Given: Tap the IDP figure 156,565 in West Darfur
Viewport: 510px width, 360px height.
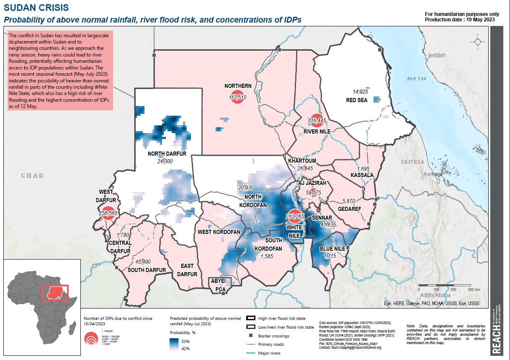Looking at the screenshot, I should pos(108,213).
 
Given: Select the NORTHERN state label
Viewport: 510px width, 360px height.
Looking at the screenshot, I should pos(238,86).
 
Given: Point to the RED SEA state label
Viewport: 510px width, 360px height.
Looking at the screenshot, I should pos(356,100).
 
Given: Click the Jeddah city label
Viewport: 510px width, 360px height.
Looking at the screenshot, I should pos(438,55).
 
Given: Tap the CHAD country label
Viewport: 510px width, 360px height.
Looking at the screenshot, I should pos(32,175).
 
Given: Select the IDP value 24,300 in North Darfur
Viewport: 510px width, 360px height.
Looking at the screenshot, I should pos(165,161).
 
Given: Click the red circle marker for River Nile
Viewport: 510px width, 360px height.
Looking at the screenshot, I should pos(317,121).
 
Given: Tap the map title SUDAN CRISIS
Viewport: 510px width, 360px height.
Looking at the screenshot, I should pos(33,8).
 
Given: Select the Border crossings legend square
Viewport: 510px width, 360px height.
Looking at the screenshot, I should pos(250,336).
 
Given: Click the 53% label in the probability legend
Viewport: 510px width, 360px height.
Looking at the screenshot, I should pos(185,342).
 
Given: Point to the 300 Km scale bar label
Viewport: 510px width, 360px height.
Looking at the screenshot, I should pos(473,289).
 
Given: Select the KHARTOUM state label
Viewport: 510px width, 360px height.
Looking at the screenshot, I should pos(302,161).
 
